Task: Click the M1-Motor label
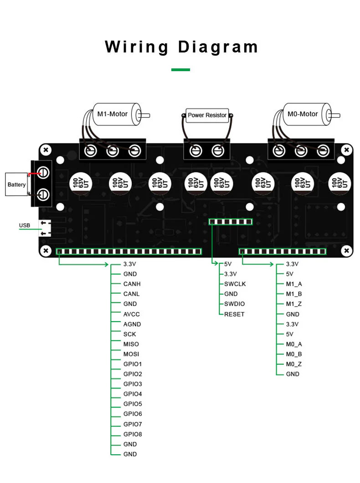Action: [112, 114]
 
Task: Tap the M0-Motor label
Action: [303, 114]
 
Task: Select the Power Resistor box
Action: [207, 115]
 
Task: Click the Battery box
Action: [16, 185]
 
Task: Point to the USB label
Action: [25, 225]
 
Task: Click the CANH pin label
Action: [132, 284]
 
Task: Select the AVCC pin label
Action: [131, 314]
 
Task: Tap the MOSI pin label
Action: [131, 354]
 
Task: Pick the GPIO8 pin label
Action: [133, 434]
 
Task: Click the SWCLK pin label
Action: [235, 284]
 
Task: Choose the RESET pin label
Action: [234, 314]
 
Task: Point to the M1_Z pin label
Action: [294, 304]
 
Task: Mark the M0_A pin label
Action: [294, 344]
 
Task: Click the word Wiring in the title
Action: [137, 47]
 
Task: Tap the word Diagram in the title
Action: [218, 47]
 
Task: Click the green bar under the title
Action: [180, 70]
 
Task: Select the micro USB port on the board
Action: [45, 228]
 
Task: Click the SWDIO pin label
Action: [235, 304]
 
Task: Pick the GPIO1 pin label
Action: [133, 364]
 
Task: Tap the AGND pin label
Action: [132, 324]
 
